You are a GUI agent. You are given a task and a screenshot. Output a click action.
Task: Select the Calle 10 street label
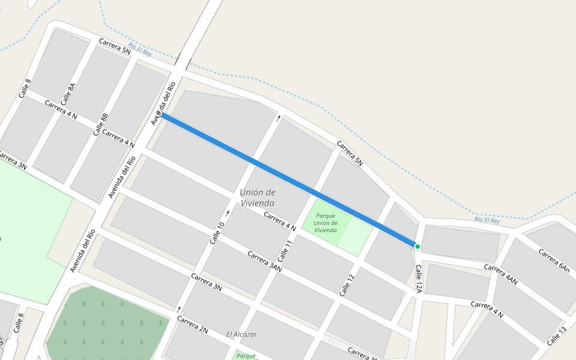(x=217, y=233)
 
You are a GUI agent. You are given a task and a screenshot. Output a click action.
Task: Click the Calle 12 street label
(x=347, y=285)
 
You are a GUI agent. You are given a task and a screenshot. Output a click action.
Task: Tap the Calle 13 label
(x=556, y=336)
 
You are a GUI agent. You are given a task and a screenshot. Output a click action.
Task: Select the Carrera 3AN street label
(x=265, y=262)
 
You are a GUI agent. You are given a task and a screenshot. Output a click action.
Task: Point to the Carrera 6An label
(x=554, y=260)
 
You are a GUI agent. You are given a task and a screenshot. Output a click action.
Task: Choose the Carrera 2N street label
(x=193, y=324)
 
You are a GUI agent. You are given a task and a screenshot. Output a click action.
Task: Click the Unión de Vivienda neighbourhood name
(x=257, y=197)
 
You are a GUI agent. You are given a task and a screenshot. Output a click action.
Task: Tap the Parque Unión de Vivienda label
(x=325, y=223)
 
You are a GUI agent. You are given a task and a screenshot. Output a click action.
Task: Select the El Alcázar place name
(x=241, y=334)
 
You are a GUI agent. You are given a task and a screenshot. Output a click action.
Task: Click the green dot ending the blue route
(x=417, y=247)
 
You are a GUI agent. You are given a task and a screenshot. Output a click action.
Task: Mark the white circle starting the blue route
(x=159, y=114)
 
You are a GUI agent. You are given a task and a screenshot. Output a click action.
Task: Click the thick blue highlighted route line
(x=288, y=180)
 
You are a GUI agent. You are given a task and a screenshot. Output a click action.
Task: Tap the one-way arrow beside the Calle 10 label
(x=228, y=213)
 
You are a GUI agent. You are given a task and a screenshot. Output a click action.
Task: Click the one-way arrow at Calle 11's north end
(x=278, y=118)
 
